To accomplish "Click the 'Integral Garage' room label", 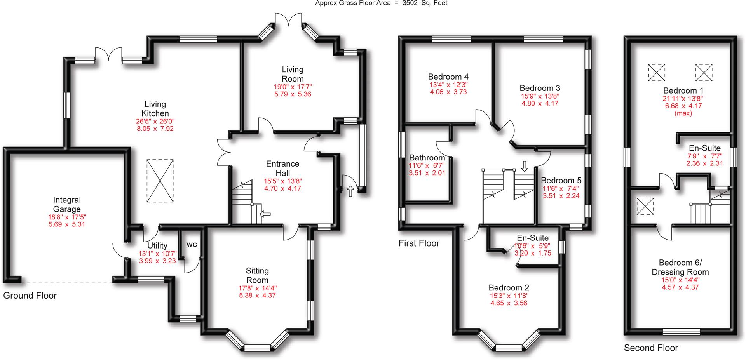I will point(67,205).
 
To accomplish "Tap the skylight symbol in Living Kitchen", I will point(160,181).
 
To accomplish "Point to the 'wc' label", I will point(192,245).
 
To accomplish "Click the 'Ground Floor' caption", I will point(30,296).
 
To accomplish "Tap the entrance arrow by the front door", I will point(351,191).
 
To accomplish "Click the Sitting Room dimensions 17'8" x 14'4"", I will point(257,288).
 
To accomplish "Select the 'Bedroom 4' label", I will point(448,77).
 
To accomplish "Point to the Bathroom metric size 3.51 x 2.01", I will point(427,173).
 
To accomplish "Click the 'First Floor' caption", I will point(419,243).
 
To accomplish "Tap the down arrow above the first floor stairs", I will point(525,166).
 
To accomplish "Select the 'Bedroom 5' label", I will point(561,181).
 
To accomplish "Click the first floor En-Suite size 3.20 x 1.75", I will point(533,253).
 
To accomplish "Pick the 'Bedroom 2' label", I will point(509,288).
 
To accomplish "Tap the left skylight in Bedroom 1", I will point(657,73).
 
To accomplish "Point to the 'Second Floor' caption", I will point(651,348).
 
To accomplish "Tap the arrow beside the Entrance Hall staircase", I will point(265,214).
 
